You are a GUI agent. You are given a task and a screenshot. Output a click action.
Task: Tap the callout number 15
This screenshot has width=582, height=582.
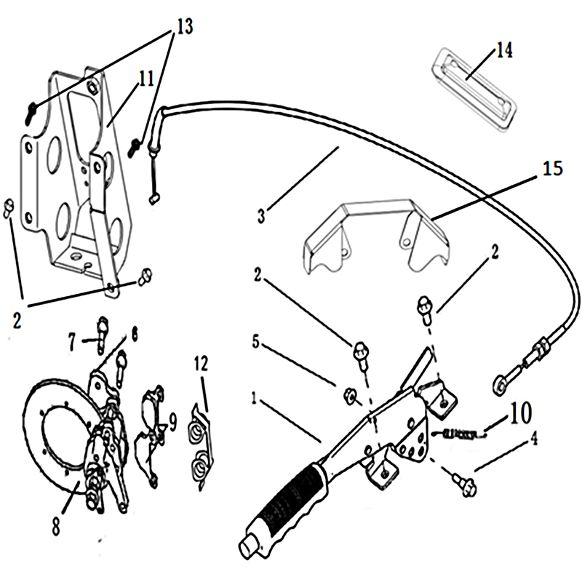click(553, 169)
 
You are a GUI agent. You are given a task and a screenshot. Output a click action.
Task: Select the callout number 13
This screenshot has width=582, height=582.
click(183, 28)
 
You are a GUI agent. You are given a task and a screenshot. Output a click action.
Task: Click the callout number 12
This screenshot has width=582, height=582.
click(202, 361)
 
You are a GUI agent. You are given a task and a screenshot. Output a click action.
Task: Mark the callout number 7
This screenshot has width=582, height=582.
click(71, 339)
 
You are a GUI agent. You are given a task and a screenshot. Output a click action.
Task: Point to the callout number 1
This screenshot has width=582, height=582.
click(253, 398)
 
